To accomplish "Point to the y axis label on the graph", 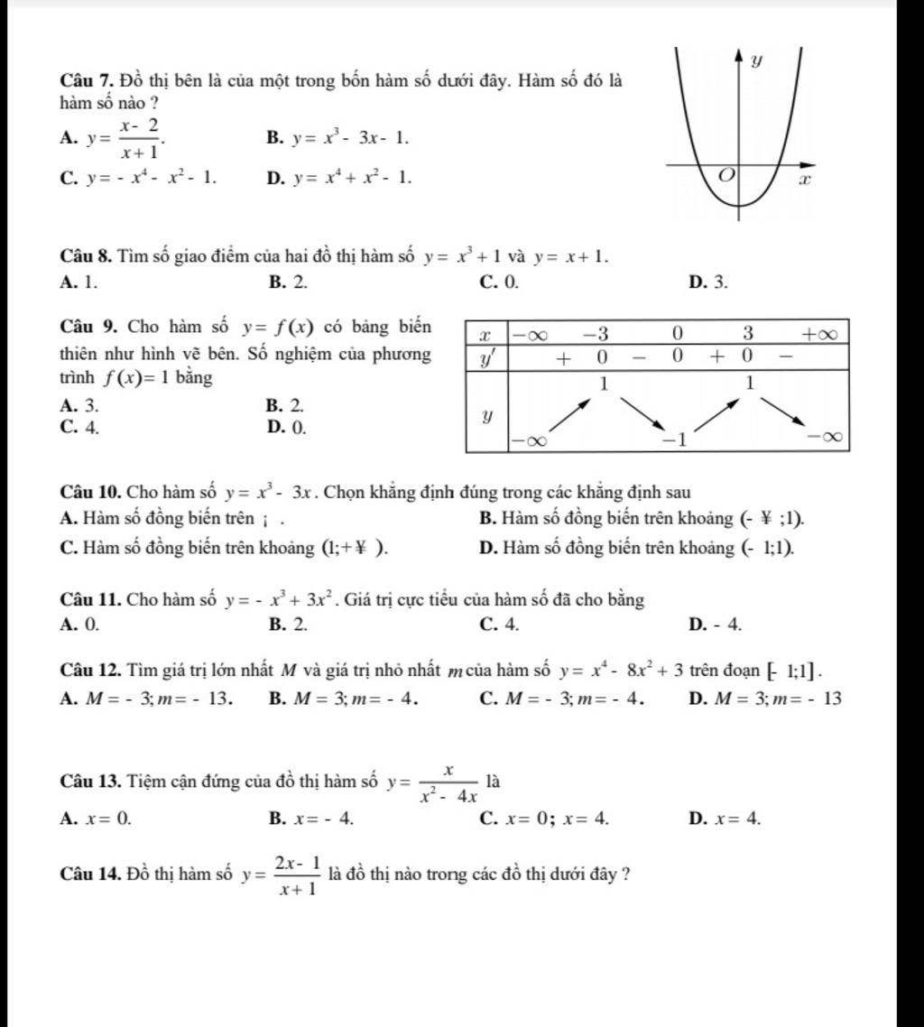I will pyautogui.click(x=757, y=61).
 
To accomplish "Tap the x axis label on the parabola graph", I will pyautogui.click(x=806, y=180).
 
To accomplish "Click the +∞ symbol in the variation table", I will pyautogui.click(x=821, y=333).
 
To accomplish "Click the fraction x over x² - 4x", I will pyautogui.click(x=449, y=782).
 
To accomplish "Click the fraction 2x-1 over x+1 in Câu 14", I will pyautogui.click(x=298, y=874).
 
